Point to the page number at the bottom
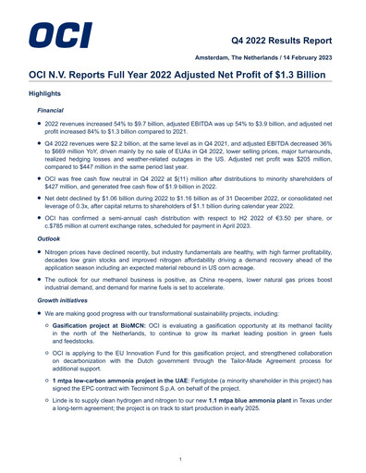click(183, 457)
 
